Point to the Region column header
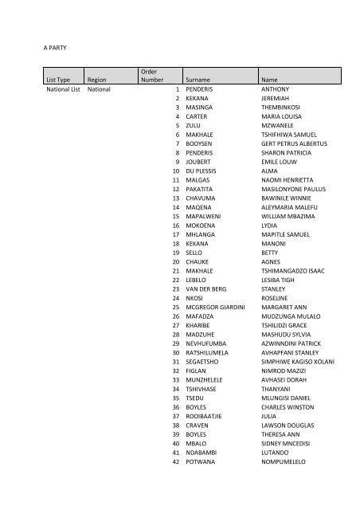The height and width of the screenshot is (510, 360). click(x=98, y=80)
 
